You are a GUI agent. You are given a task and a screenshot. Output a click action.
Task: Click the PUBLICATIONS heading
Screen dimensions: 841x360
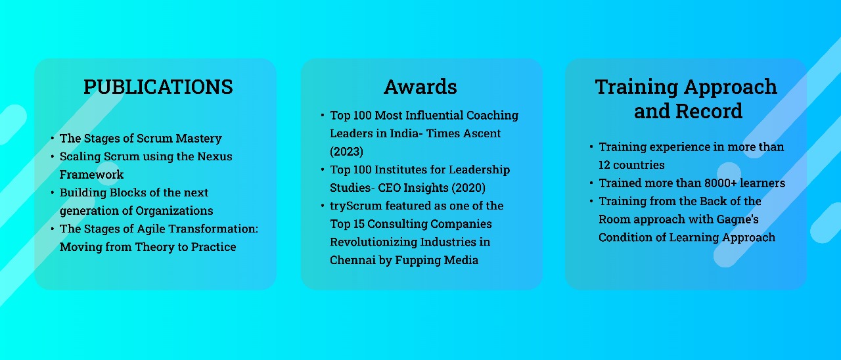pyautogui.click(x=158, y=87)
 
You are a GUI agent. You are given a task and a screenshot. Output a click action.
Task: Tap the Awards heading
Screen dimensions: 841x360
pyautogui.click(x=420, y=87)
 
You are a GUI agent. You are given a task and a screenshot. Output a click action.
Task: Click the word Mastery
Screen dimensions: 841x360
pyautogui.click(x=199, y=139)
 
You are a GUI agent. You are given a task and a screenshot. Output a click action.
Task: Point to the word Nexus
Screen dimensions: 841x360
pyautogui.click(x=215, y=156)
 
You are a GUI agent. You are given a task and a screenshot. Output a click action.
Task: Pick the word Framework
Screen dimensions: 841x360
pyautogui.click(x=91, y=175)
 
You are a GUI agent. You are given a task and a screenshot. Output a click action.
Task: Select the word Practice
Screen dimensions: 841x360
pyautogui.click(x=214, y=247)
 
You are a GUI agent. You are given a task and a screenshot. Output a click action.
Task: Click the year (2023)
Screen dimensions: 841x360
pyautogui.click(x=346, y=152)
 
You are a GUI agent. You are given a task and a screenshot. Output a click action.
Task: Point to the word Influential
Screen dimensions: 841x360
pyautogui.click(x=434, y=115)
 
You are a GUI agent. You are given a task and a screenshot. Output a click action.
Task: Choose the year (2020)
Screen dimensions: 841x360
pyautogui.click(x=468, y=188)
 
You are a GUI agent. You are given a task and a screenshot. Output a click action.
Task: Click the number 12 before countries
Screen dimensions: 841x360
pyautogui.click(x=604, y=165)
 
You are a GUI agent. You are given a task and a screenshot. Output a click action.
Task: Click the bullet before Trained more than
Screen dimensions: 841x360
pyautogui.click(x=591, y=183)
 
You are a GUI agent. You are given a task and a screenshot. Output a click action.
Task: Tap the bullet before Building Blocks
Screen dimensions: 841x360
pyautogui.click(x=52, y=192)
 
